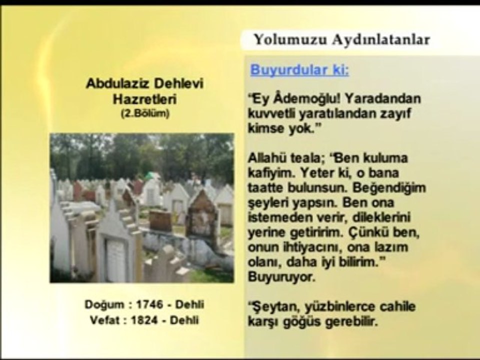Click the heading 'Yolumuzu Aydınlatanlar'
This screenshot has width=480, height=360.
pos(341,40)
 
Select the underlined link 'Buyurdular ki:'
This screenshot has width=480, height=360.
pos(299,70)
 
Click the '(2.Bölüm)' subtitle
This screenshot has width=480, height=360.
pos(144,114)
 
